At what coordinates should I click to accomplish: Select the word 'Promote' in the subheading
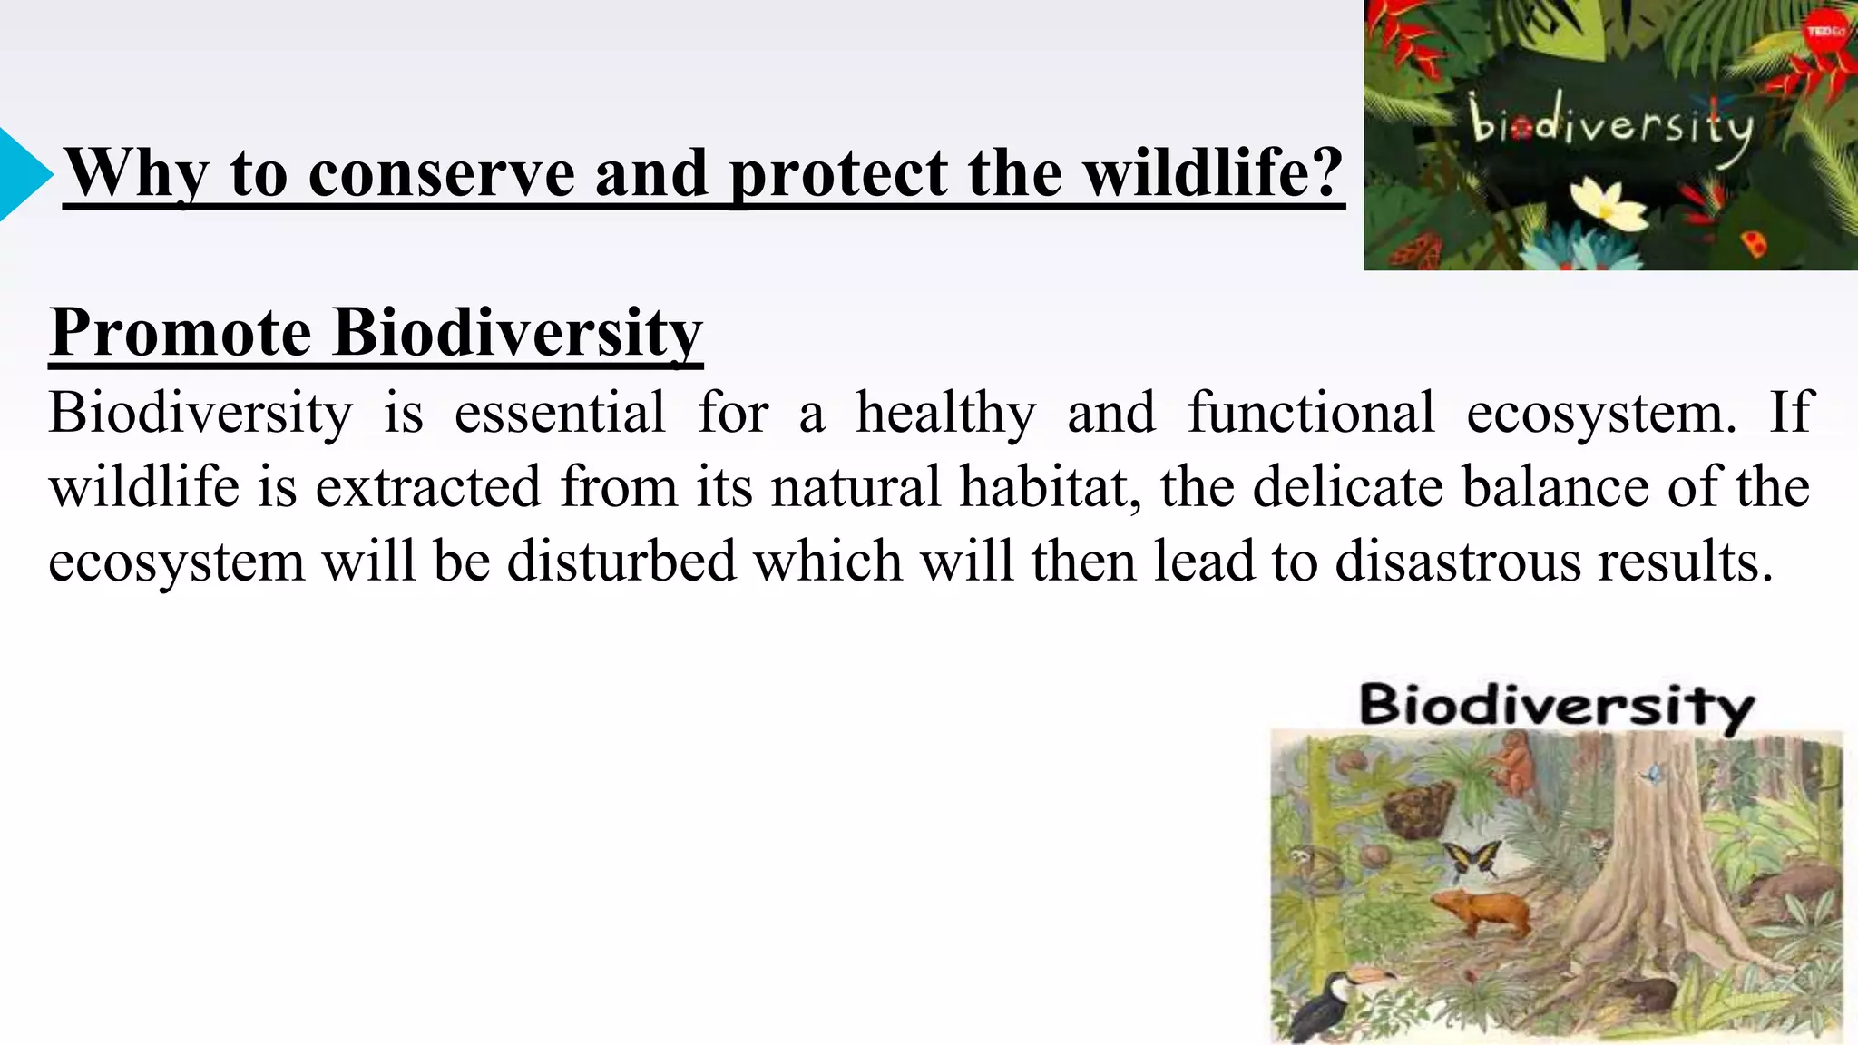point(181,332)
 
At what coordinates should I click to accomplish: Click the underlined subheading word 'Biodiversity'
point(518,332)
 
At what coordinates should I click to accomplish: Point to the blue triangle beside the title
point(22,174)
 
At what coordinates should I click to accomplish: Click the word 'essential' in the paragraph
point(560,413)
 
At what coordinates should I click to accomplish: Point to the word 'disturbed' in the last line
point(621,562)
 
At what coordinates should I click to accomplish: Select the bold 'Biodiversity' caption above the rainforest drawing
point(1556,705)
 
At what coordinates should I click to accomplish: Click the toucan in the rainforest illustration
point(1334,1002)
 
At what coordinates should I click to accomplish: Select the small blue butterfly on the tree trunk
point(1653,774)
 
